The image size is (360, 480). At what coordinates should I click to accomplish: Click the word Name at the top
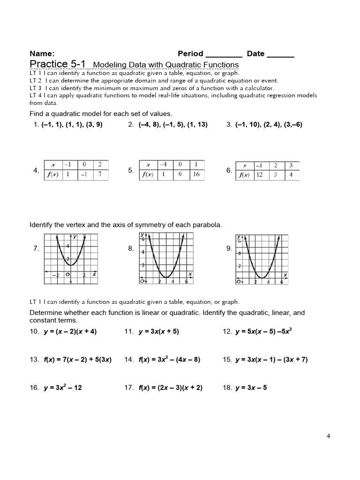[x=42, y=53]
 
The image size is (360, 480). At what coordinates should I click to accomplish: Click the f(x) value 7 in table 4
[x=100, y=175]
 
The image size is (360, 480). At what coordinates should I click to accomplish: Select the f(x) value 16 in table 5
[x=196, y=174]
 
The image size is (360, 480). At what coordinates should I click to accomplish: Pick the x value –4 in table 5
[x=163, y=165]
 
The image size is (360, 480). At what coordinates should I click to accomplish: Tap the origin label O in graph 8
[x=142, y=281]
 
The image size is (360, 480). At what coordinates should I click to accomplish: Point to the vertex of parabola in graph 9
[x=262, y=277]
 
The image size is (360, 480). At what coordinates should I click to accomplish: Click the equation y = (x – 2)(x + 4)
[x=69, y=331]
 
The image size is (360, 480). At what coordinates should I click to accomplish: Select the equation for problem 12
[x=264, y=331]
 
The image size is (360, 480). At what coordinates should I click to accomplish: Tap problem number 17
[x=129, y=388]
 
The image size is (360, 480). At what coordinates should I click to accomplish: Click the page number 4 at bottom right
[x=328, y=436]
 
